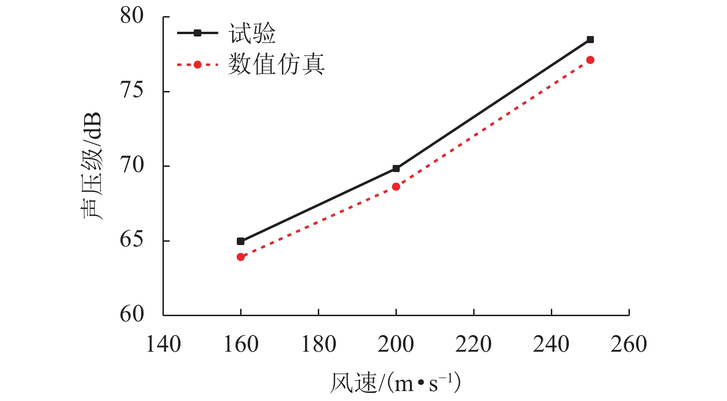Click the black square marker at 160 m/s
(241, 241)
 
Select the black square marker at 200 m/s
(396, 168)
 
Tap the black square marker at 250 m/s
(590, 40)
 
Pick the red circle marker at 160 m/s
(241, 257)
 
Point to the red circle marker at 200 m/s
(396, 187)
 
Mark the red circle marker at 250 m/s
(590, 60)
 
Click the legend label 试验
(252, 34)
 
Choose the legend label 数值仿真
(276, 64)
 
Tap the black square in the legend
(197, 33)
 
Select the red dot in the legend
(197, 64)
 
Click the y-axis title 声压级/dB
(91, 166)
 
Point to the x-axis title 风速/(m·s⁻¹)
(395, 383)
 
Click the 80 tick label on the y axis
(132, 16)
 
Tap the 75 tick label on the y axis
(132, 91)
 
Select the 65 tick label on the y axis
(132, 240)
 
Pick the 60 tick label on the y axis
(132, 314)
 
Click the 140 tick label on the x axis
(163, 345)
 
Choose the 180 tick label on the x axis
(318, 345)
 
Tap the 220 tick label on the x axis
(474, 345)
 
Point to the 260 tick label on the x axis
(628, 345)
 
